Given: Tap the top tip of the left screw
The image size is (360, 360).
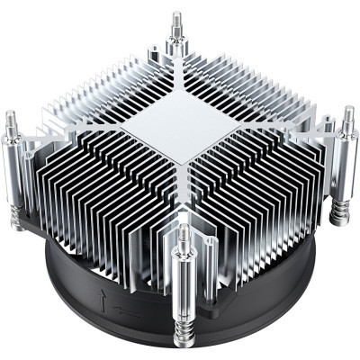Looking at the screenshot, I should click(x=11, y=114).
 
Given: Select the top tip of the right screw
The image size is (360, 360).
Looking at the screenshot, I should click(x=350, y=110).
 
